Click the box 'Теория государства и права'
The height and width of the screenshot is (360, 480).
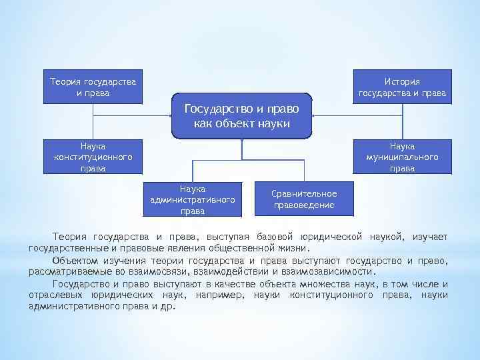[93, 87]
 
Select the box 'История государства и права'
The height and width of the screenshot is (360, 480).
[403, 87]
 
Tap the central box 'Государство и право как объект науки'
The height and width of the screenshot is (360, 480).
[241, 115]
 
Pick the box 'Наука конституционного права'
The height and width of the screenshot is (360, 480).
[93, 157]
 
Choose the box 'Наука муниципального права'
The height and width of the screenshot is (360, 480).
[403, 157]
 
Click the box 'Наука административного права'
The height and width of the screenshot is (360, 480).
[192, 199]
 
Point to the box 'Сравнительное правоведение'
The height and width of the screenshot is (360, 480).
[304, 199]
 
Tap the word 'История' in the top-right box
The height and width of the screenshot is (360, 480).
[403, 81]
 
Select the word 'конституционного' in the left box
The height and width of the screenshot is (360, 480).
[93, 157]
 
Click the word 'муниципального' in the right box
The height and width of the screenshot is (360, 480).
[403, 157]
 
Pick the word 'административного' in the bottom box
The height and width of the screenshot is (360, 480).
[192, 200]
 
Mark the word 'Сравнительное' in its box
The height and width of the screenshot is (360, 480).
[304, 193]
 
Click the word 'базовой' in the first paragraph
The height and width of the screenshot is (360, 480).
[274, 237]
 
